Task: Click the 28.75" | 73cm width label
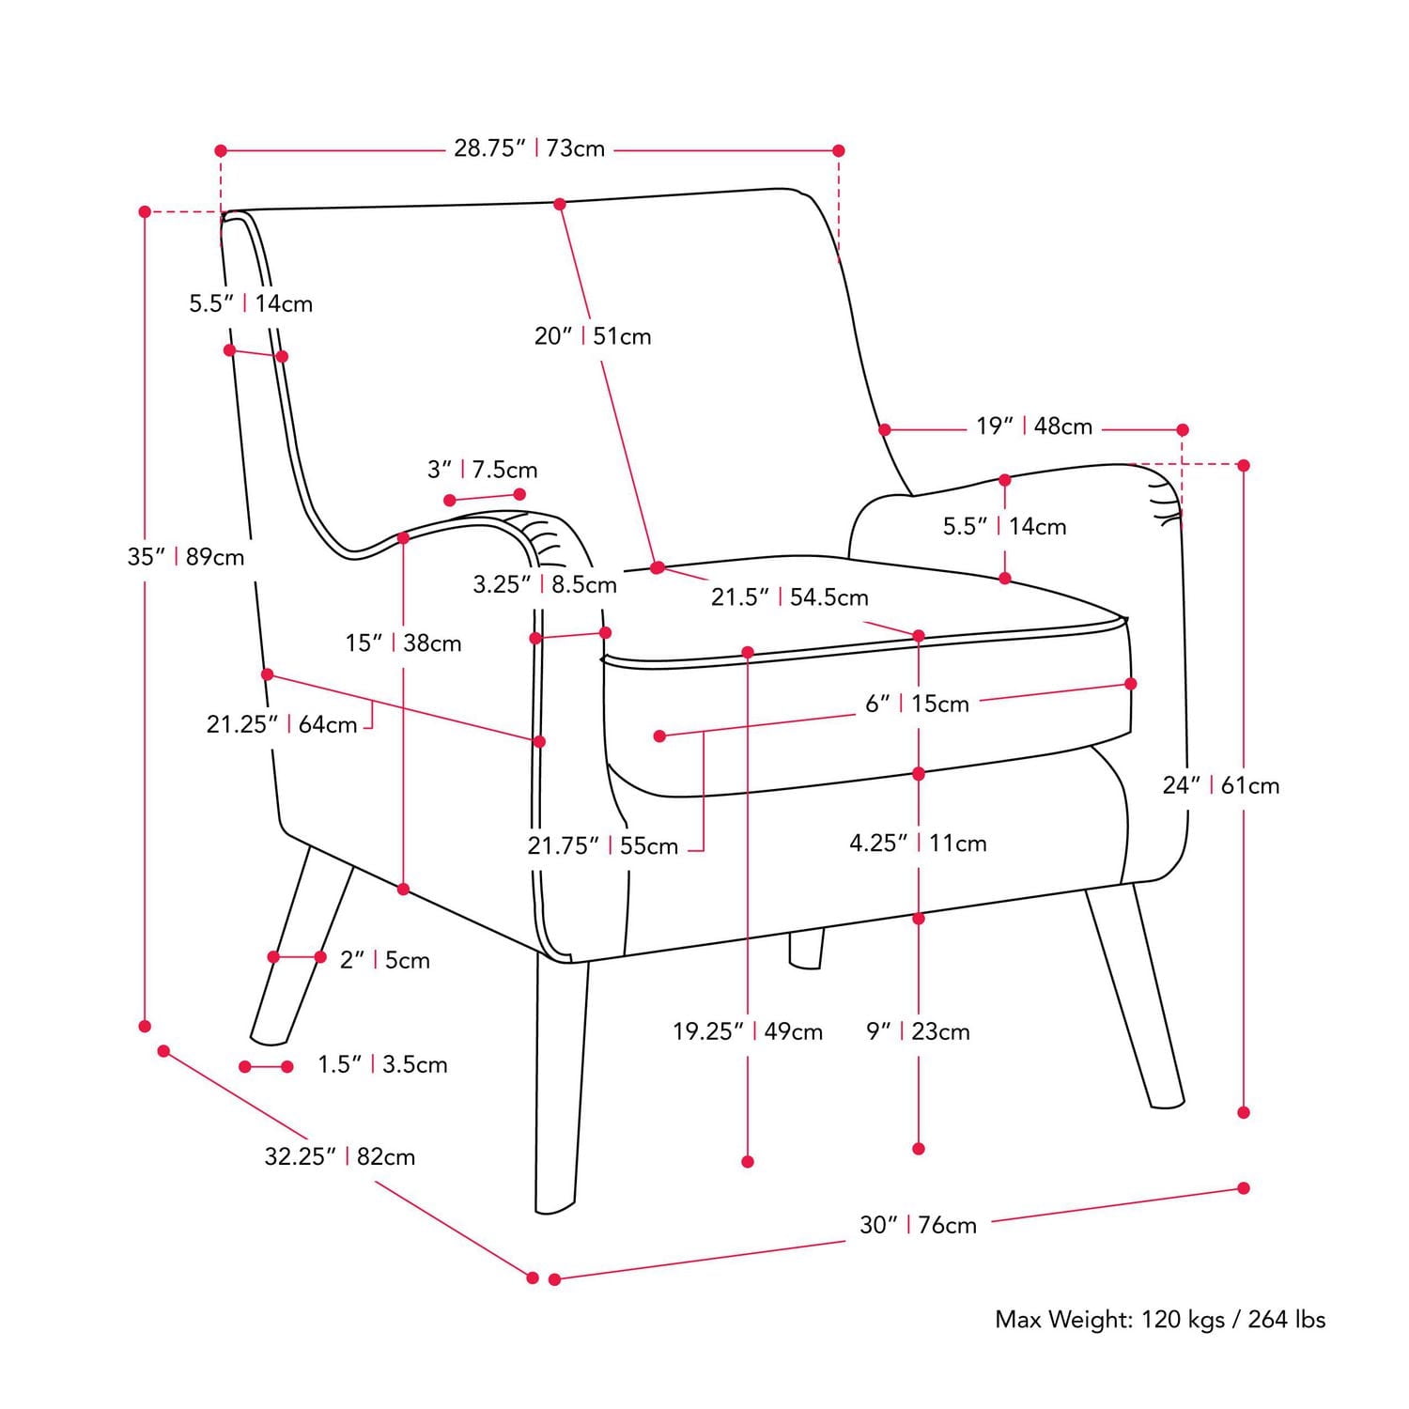[530, 148]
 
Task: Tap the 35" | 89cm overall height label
[186, 557]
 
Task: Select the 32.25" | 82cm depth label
[340, 1156]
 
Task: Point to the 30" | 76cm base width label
[919, 1225]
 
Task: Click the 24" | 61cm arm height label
[1221, 785]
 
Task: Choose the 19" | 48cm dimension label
[1034, 426]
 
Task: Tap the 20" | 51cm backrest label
[593, 336]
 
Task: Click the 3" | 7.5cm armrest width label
[483, 470]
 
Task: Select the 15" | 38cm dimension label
[404, 643]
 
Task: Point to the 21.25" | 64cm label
[282, 725]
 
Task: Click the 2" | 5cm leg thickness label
[385, 960]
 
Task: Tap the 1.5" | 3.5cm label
[382, 1064]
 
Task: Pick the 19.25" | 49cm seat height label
[748, 1031]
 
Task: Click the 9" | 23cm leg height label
[918, 1031]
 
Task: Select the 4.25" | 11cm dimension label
[918, 844]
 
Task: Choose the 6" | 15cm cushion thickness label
[917, 704]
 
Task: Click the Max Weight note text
[1160, 1320]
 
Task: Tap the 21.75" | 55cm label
[602, 845]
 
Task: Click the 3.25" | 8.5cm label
[545, 585]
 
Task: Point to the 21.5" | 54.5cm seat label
[790, 597]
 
